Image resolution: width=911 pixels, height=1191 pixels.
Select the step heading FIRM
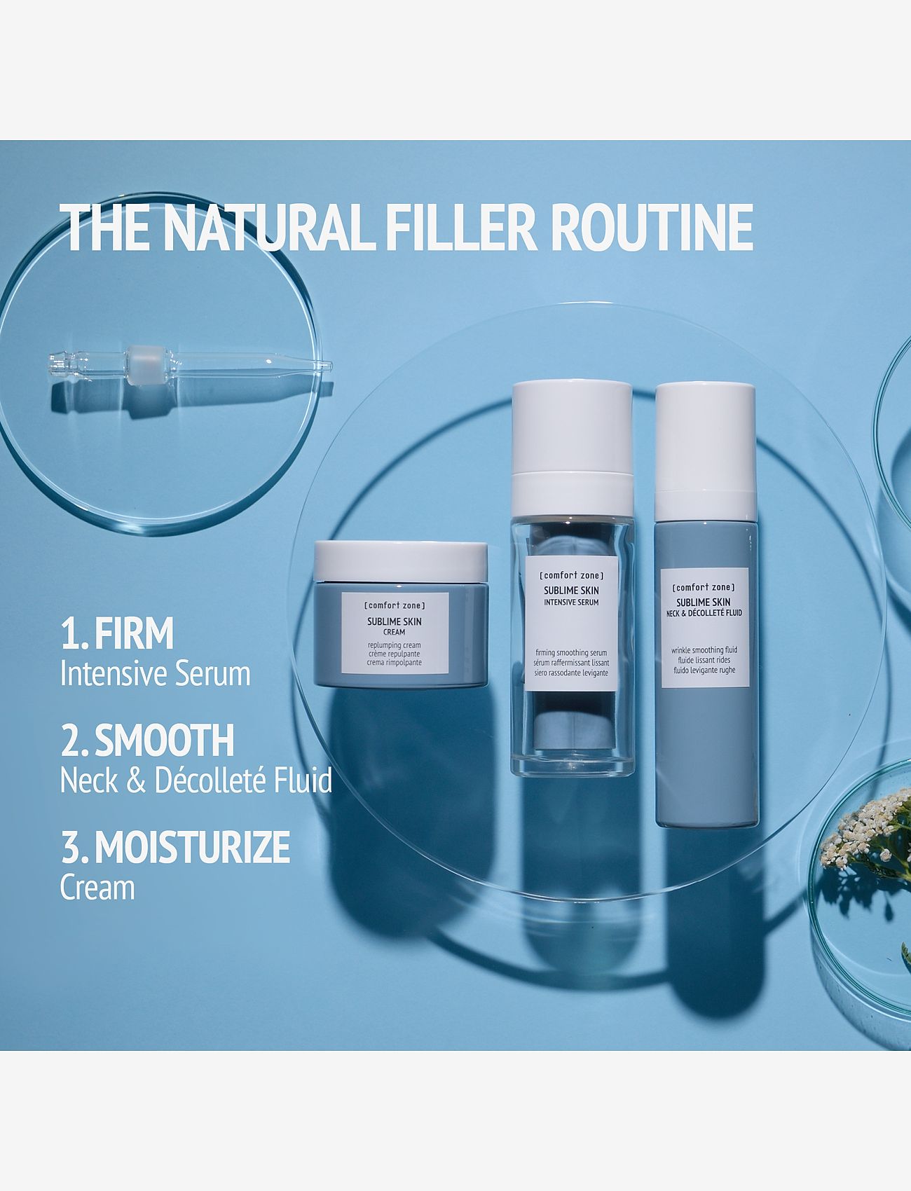pos(134,634)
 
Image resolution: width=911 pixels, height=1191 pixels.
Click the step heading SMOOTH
pos(164,741)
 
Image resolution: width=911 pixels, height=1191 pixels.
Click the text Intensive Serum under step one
pos(155,674)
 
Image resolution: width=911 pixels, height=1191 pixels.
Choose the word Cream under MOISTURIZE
pos(97,888)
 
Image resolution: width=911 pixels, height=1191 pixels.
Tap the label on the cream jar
pos(395,634)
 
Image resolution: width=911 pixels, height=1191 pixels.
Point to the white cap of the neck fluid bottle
pos(706,434)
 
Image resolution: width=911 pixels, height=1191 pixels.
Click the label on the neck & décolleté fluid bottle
pos(705,628)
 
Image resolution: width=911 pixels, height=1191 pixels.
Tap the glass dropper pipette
pos(189,364)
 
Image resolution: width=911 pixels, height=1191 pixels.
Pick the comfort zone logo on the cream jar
pos(395,605)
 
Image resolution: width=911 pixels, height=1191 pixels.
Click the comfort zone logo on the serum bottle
pos(571,575)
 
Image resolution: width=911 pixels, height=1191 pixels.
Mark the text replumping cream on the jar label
pos(394,645)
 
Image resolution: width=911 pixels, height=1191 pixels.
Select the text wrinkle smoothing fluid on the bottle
pos(704,650)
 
